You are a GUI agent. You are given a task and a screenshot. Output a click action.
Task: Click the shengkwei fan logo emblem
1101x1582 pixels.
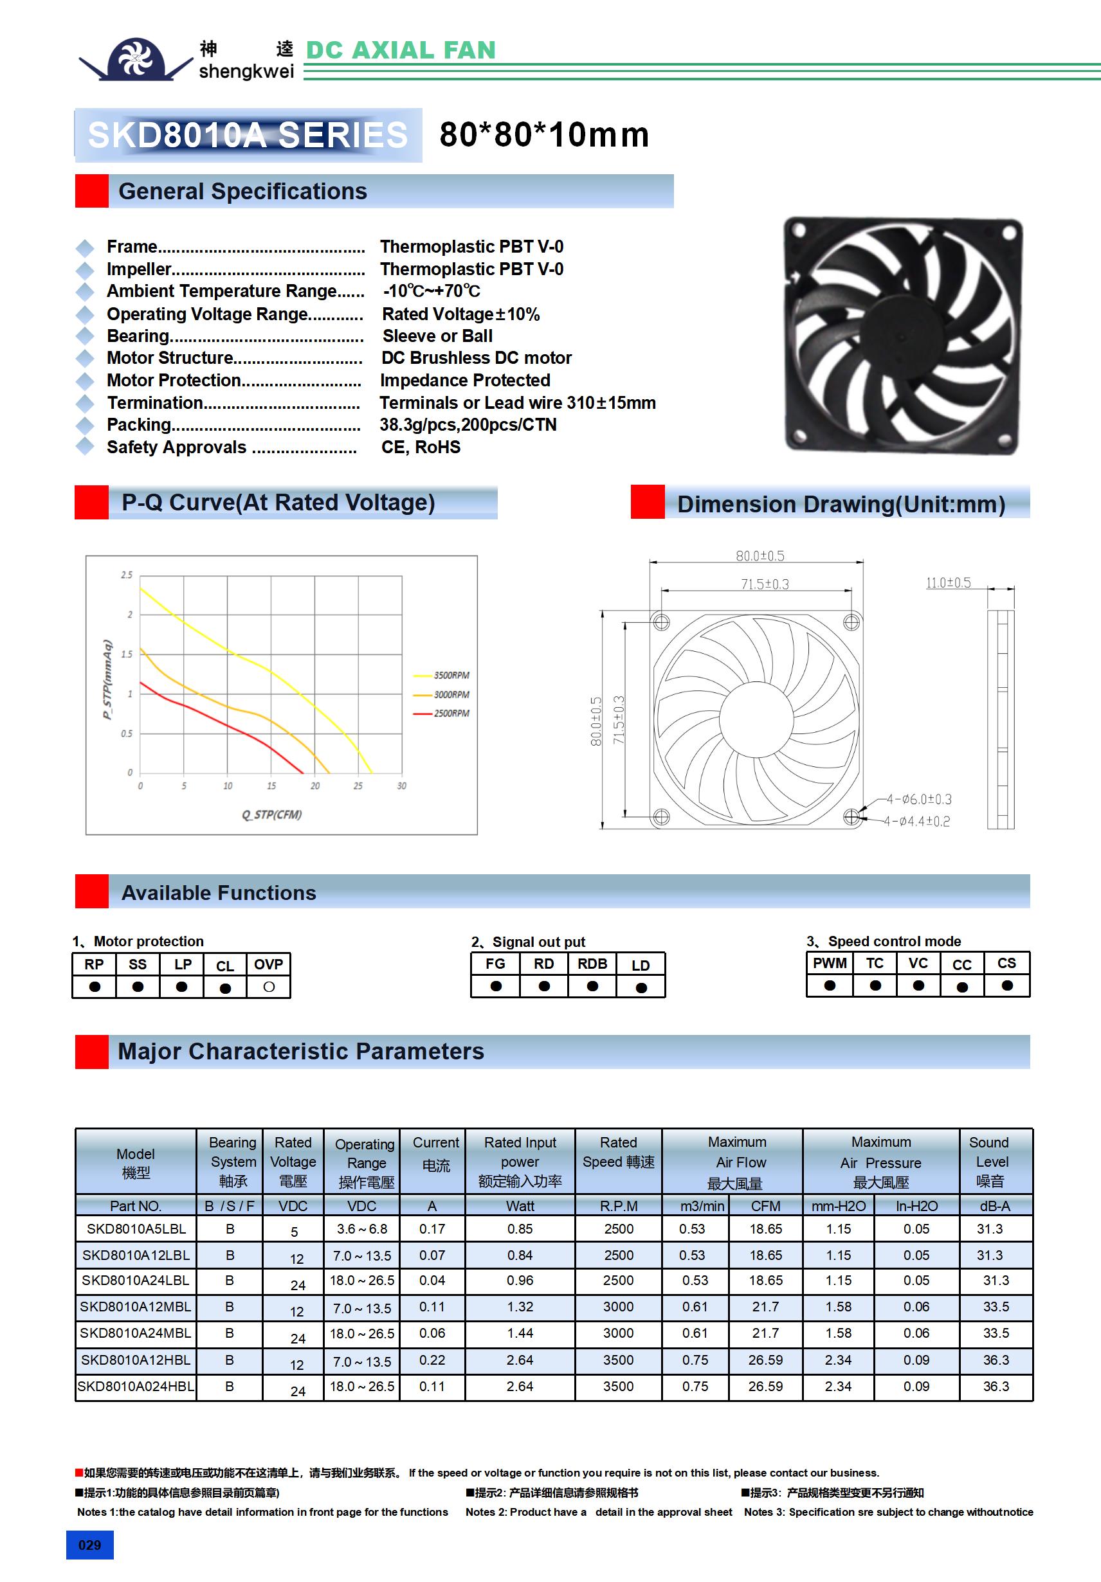coord(135,58)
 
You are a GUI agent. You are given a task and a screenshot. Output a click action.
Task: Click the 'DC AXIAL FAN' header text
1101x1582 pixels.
coord(401,50)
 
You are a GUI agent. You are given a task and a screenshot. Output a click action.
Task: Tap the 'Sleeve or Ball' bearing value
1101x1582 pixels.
coord(437,336)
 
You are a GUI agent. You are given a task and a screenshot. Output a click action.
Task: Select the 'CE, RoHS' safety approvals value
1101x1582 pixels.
coord(421,447)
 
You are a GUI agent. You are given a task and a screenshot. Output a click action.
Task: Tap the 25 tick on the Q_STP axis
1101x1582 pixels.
coord(358,786)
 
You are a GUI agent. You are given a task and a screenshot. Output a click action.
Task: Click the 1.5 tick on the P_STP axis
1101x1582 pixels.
coord(127,654)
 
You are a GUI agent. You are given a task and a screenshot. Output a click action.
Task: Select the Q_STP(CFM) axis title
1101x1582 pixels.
coord(271,814)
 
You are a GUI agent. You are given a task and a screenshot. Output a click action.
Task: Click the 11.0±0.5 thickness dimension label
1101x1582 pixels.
coord(948,583)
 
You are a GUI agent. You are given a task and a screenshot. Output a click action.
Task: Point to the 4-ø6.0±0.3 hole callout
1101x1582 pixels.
coord(919,799)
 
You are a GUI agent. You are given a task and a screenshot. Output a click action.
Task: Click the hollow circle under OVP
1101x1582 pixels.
coord(269,987)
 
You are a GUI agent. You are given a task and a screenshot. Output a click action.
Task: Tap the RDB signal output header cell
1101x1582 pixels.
coord(592,964)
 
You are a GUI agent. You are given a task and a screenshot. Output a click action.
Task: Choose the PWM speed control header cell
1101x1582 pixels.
coord(830,963)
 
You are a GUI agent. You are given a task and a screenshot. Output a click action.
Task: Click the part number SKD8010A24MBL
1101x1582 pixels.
coord(135,1333)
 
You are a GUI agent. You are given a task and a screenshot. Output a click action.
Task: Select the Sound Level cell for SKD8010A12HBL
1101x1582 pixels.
coord(996,1360)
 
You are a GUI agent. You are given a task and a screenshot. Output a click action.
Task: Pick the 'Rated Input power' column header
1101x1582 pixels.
coord(520,1162)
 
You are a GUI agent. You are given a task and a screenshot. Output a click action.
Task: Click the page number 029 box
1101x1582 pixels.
coord(89,1545)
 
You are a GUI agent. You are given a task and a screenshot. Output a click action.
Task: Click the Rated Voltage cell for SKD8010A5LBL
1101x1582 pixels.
coord(294,1231)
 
